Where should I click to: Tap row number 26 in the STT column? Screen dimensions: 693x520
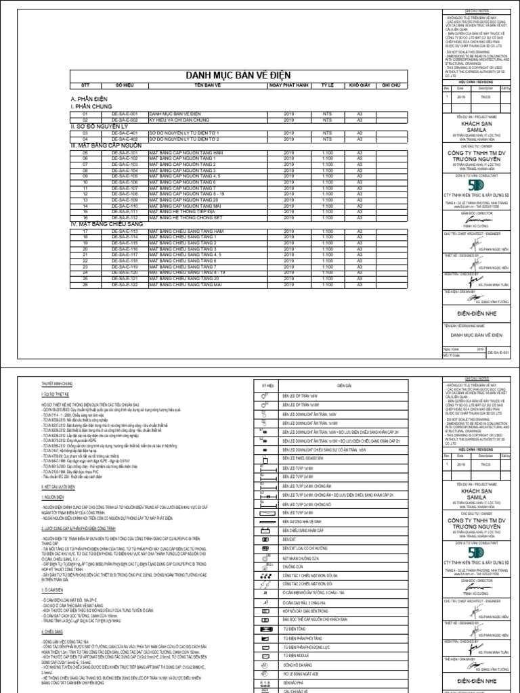coord(85,284)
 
